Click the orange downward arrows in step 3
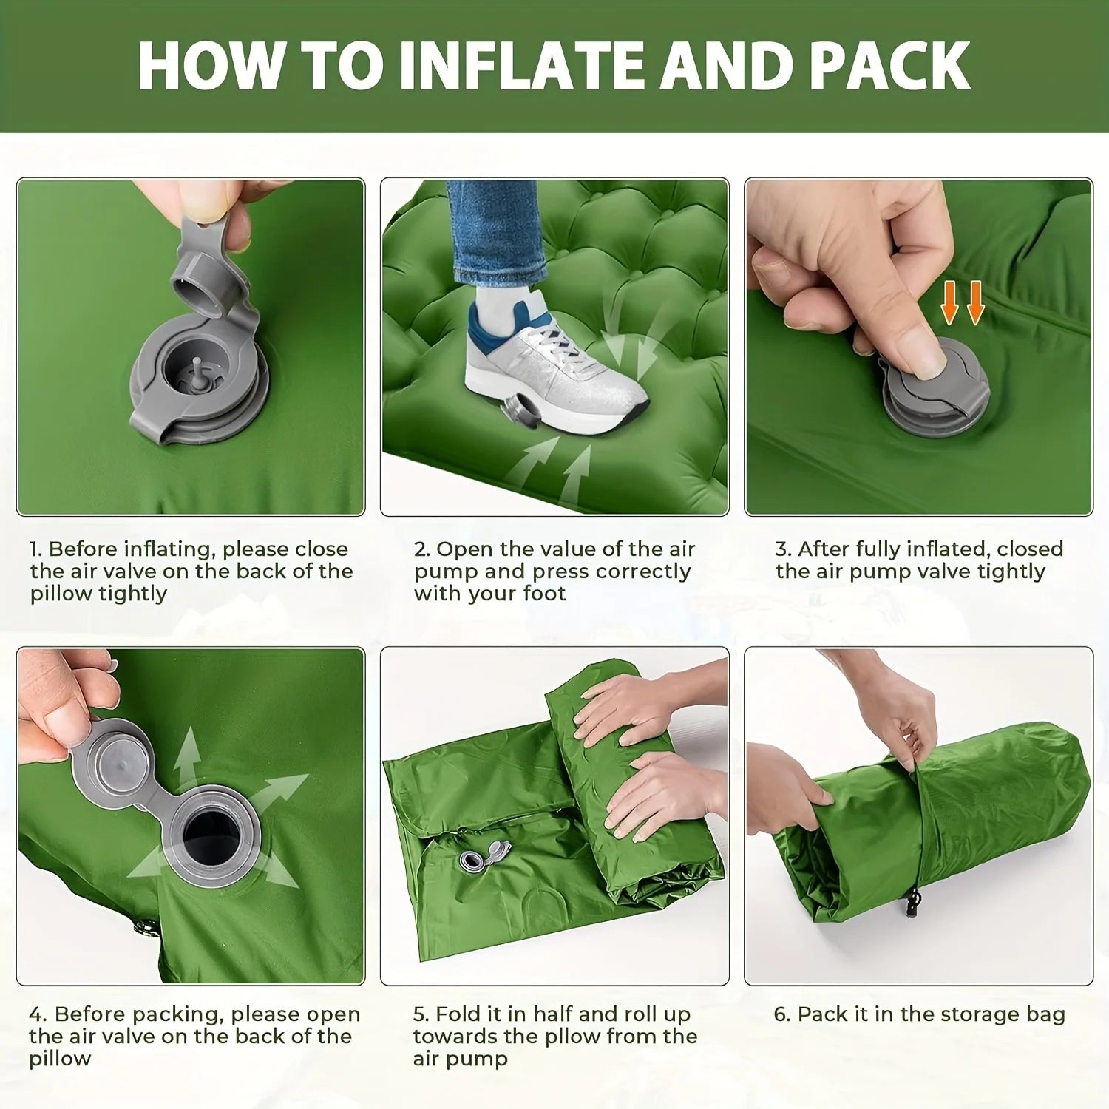(x=962, y=302)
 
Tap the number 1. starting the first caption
(x=35, y=549)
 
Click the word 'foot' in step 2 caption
(x=544, y=594)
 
